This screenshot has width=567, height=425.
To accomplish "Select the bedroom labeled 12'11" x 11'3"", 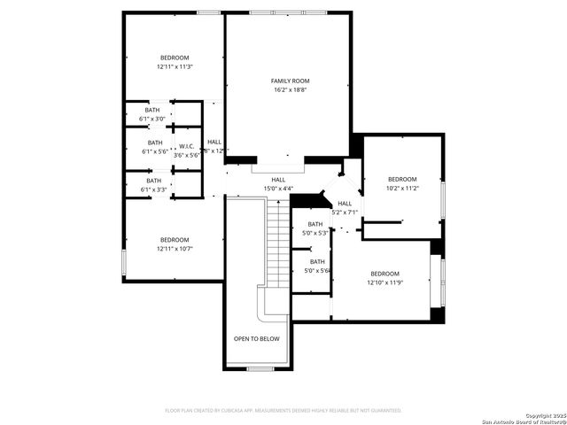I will pos(175,62).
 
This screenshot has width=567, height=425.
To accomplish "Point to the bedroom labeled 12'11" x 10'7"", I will pos(175,244).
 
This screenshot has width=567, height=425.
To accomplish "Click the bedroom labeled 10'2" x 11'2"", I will pos(401,183).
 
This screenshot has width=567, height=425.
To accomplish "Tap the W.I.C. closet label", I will pos(187,146).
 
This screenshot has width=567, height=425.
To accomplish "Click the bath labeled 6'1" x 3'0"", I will pos(153,114).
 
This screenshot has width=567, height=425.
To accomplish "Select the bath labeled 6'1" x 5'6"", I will pos(154,147).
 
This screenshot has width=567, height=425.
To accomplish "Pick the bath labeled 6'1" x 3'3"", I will pos(153,185).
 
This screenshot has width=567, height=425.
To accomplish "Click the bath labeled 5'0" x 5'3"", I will pos(315,228).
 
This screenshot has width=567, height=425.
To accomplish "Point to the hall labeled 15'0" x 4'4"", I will pos(278,184).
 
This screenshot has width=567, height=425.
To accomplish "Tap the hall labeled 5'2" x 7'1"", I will pos(345,208).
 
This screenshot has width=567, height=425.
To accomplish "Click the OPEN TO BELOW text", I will pos(256,338).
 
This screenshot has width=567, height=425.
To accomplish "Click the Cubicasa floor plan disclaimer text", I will pos(283,410).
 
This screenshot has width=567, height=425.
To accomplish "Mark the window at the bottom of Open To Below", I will pos(259,367).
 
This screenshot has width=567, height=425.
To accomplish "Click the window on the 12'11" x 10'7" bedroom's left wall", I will pos(123,262).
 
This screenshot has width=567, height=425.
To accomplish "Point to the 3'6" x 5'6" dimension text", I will pos(187,155).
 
